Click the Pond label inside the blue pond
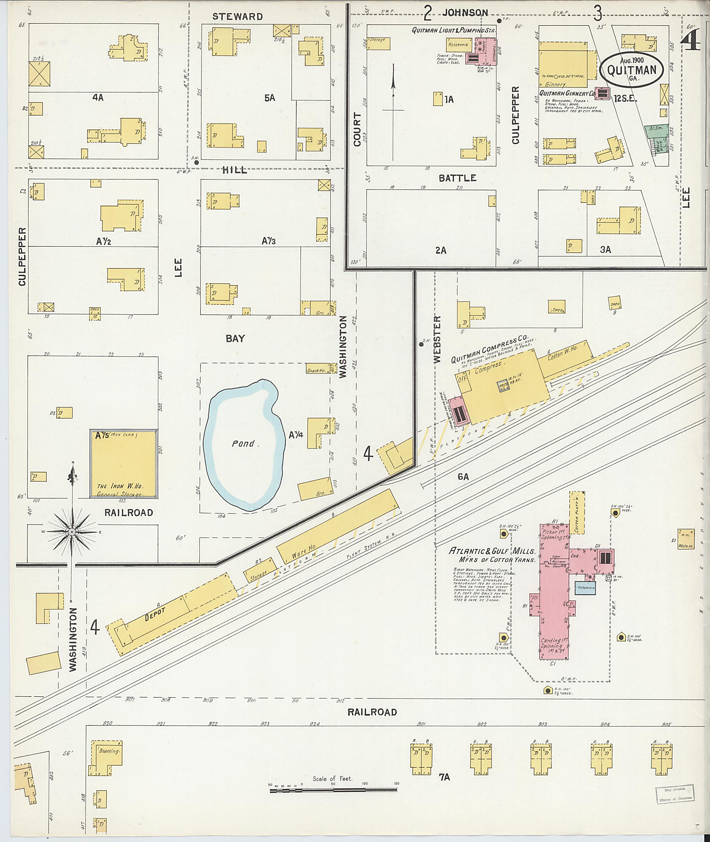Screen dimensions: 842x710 tap(243, 444)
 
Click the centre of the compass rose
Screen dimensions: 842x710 tap(72, 532)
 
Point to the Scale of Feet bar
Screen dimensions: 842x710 tap(333, 790)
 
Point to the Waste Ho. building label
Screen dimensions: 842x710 tap(686, 546)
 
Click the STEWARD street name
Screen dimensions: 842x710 tap(237, 17)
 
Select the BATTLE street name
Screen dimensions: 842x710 tap(457, 178)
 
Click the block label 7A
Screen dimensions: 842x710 tap(444, 777)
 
